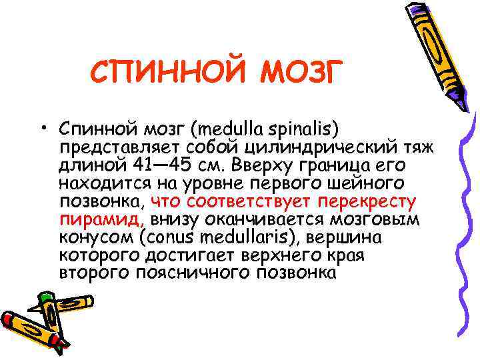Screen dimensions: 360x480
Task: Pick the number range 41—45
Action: point(162,164)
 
